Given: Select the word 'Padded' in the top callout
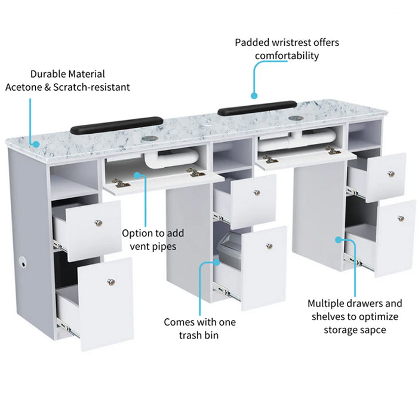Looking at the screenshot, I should pos(251,42).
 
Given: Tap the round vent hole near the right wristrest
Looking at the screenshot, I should pos(295,119).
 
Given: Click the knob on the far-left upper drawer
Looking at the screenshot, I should pos(98,223).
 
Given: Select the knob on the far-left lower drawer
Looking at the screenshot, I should pos(110,282).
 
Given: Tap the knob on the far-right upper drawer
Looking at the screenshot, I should pos(391,174).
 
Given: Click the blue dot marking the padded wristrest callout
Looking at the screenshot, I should pos(254,95).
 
